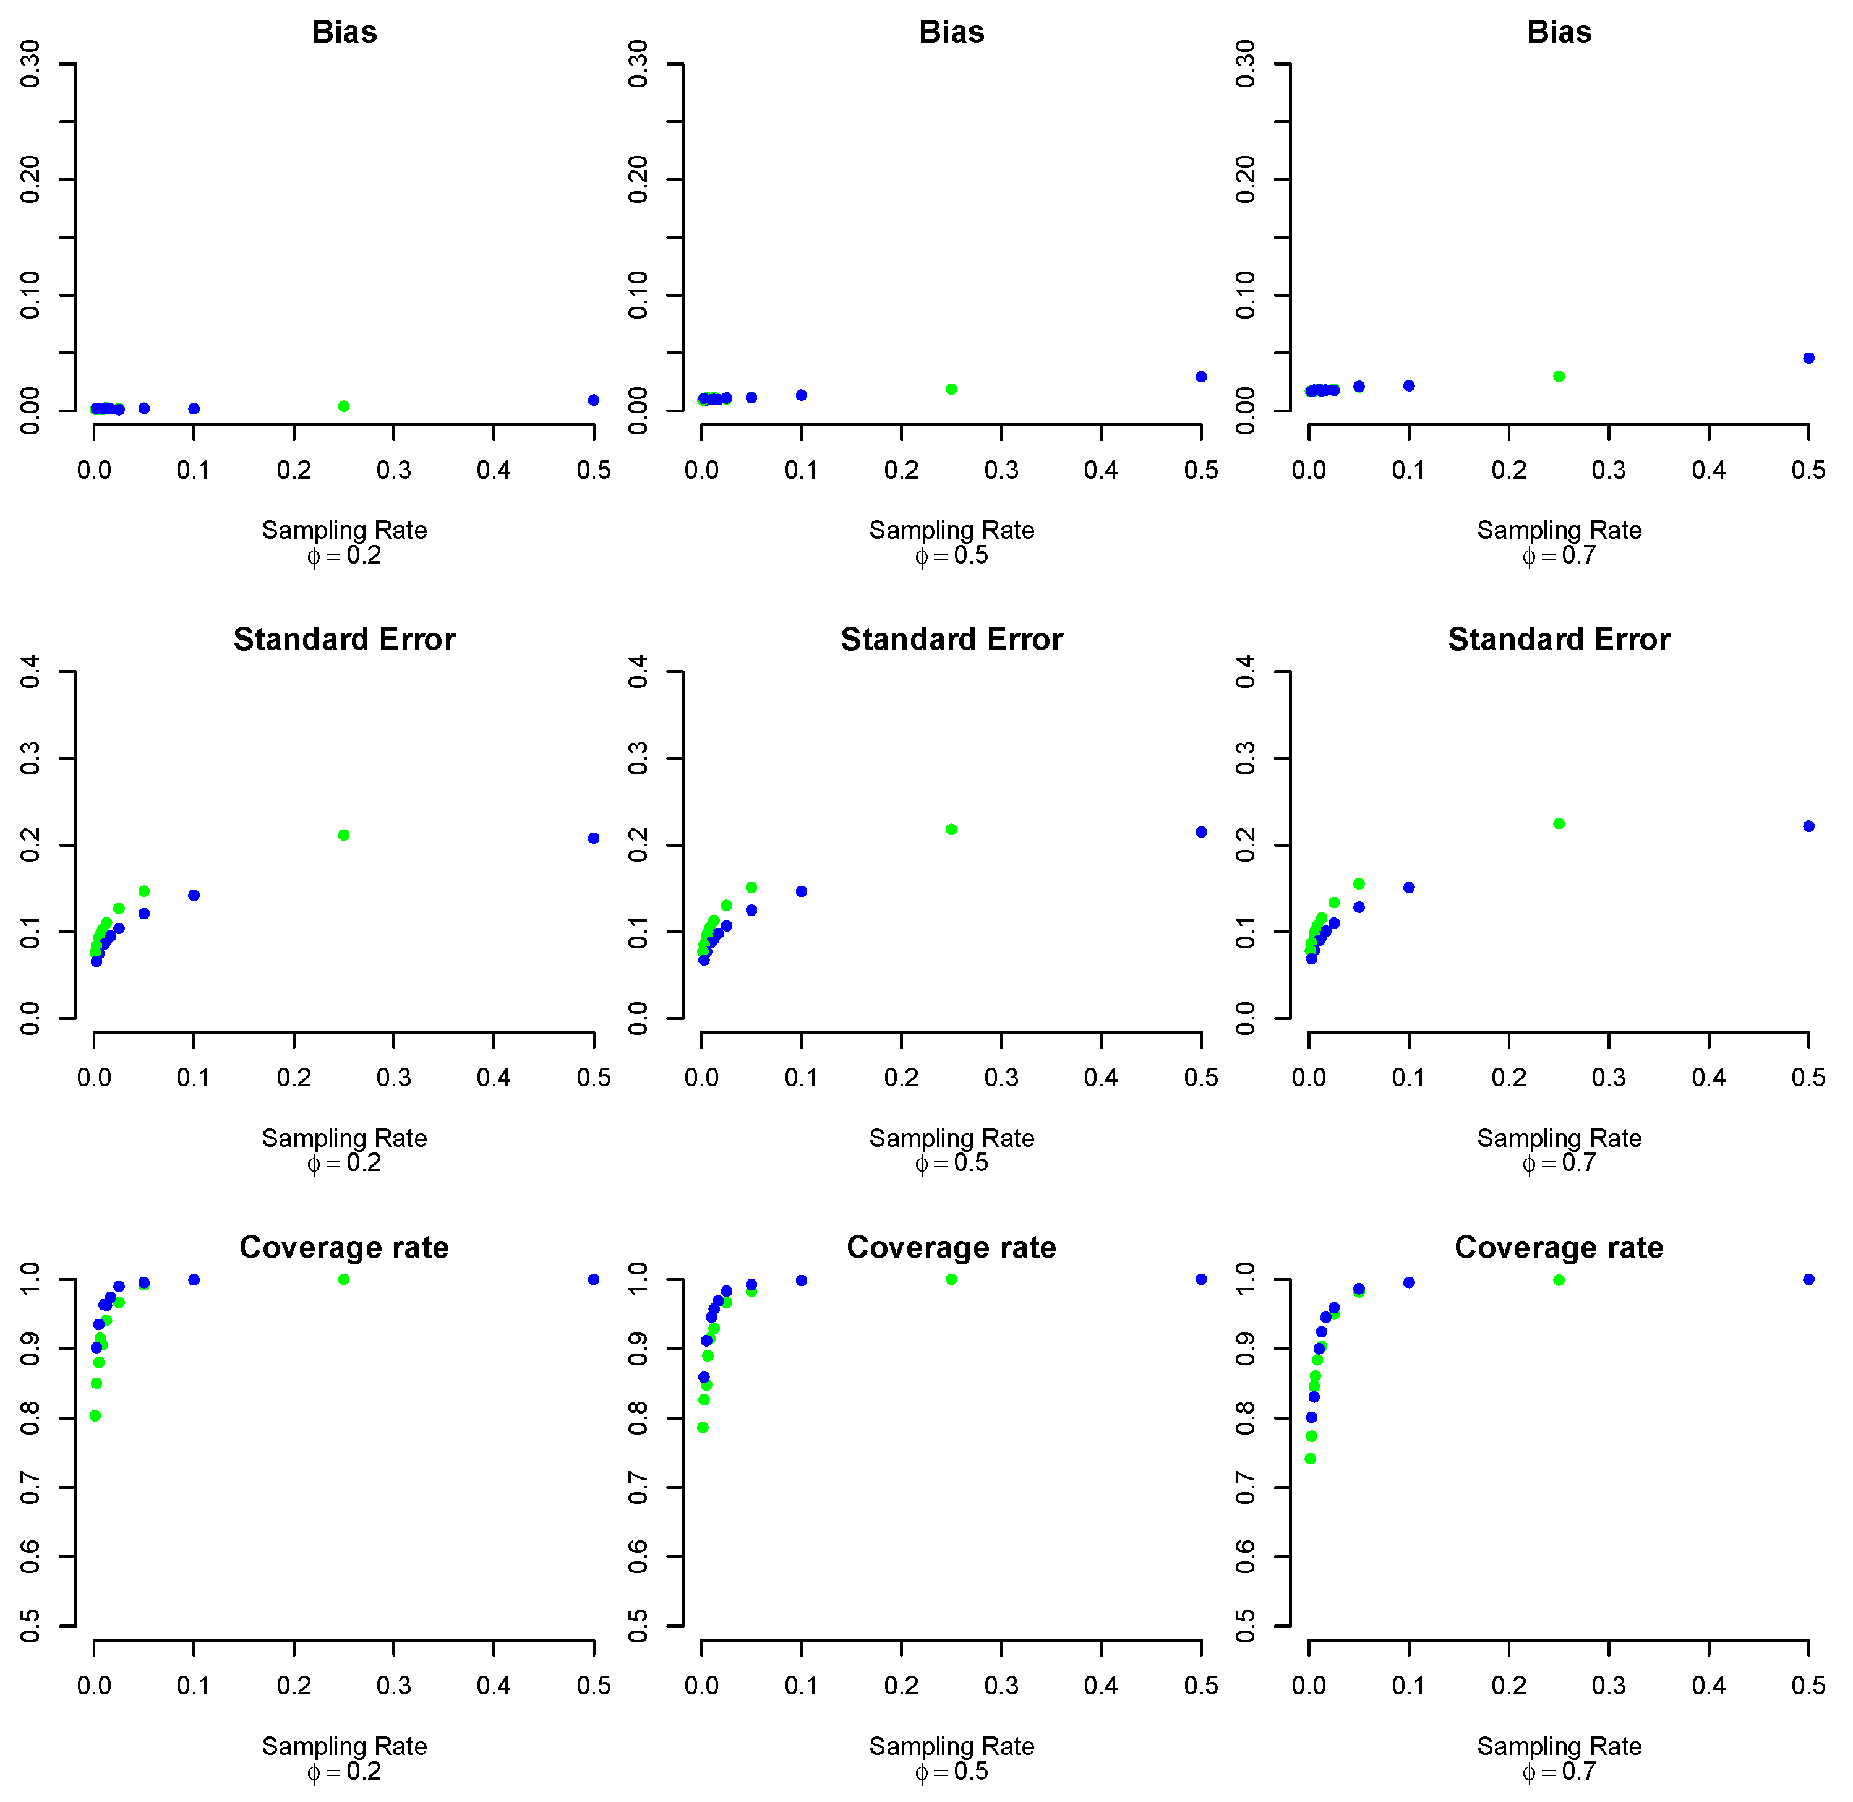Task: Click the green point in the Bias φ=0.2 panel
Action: click(x=343, y=406)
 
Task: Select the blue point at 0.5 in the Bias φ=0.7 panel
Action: click(x=1808, y=358)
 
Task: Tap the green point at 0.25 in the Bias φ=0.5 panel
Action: click(x=951, y=389)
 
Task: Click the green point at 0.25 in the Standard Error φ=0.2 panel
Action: click(x=343, y=834)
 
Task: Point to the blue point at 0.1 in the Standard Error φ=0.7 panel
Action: click(x=1408, y=888)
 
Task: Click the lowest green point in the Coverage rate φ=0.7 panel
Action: click(x=1310, y=1459)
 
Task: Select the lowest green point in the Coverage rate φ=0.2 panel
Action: click(x=95, y=1416)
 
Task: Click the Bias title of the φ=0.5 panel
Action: click(x=951, y=32)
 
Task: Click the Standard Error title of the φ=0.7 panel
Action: click(x=1558, y=640)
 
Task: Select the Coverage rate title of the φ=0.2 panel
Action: click(x=343, y=1247)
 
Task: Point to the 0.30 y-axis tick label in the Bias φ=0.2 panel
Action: click(x=30, y=64)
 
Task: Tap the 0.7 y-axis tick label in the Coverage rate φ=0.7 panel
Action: click(x=1246, y=1488)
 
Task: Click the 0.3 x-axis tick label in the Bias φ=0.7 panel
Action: click(x=1608, y=470)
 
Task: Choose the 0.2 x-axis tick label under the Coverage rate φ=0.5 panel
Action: click(x=901, y=1686)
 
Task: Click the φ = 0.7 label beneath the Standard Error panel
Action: click(x=1558, y=1163)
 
